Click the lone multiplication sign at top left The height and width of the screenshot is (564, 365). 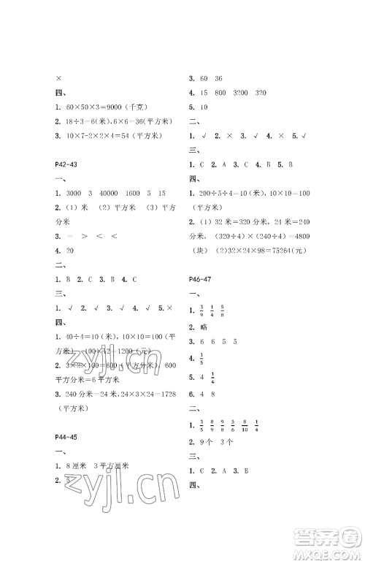point(58,79)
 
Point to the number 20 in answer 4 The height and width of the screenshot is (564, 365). point(70,250)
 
